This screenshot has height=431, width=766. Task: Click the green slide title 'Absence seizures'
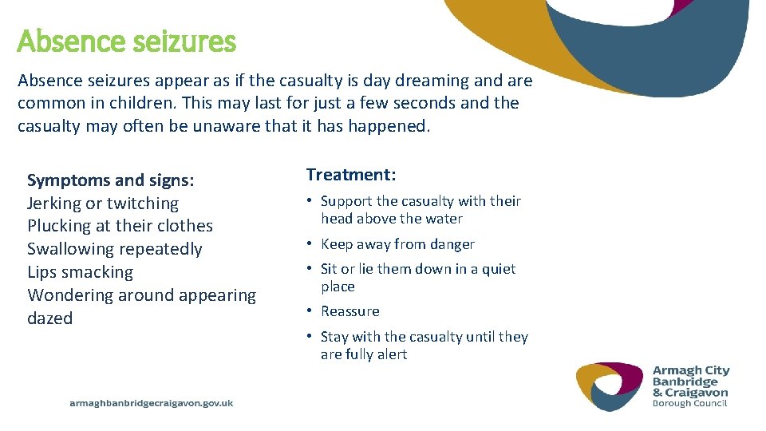click(x=126, y=42)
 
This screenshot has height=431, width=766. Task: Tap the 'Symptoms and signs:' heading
click(x=111, y=180)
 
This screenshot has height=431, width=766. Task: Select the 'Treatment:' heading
click(x=351, y=175)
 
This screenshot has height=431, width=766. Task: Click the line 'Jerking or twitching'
click(x=103, y=204)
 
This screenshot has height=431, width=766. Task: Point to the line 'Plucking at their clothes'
click(x=120, y=226)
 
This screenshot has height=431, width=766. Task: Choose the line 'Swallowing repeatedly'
click(x=115, y=249)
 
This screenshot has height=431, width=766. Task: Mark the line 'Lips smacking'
click(x=81, y=272)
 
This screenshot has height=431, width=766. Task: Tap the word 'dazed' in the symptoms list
click(x=50, y=318)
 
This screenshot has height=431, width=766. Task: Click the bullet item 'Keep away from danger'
click(x=397, y=244)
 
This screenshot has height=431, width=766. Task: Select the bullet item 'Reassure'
click(x=349, y=311)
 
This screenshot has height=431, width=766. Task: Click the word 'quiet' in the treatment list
click(x=499, y=269)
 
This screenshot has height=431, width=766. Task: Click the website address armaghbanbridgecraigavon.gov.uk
click(x=152, y=403)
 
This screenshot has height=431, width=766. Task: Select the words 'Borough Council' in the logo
click(x=689, y=404)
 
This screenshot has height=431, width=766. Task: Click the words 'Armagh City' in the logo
click(x=691, y=371)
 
